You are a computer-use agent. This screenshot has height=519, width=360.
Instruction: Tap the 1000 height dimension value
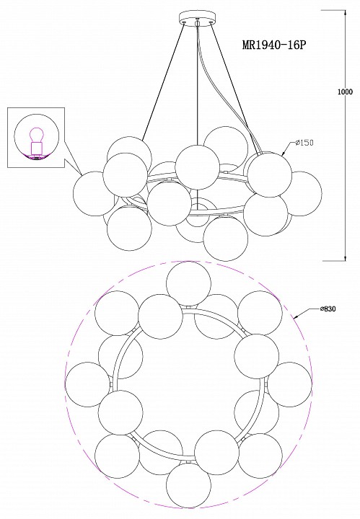pyautogui.click(x=345, y=92)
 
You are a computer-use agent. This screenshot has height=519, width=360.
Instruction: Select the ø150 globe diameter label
pyautogui.click(x=304, y=143)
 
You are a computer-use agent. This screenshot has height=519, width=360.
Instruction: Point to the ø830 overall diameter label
pyautogui.click(x=328, y=309)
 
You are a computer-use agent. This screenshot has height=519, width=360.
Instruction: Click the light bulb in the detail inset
pyautogui.click(x=36, y=135)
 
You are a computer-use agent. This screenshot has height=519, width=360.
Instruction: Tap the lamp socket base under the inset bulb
pyautogui.click(x=36, y=148)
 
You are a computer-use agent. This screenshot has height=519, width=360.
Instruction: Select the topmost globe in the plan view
pyautogui.click(x=188, y=284)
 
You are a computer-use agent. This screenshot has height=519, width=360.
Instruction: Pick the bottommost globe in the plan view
pyautogui.click(x=188, y=484)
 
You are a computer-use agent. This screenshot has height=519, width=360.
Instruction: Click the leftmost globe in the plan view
pyautogui.click(x=88, y=384)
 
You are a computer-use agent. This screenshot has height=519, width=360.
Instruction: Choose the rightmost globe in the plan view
pyautogui.click(x=289, y=384)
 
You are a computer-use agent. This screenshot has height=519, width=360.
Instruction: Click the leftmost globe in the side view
pyautogui.click(x=95, y=194)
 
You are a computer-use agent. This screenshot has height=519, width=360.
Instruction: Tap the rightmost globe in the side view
pyautogui.click(x=299, y=194)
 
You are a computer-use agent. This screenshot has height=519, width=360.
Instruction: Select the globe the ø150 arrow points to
pyautogui.click(x=270, y=174)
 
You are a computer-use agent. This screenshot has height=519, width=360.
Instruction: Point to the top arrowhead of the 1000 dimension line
pyautogui.click(x=346, y=13)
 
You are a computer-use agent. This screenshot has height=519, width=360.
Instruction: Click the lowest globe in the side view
pyautogui.click(x=226, y=239)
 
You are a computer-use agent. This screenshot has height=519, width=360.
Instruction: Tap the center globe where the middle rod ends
pyautogui.click(x=198, y=167)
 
